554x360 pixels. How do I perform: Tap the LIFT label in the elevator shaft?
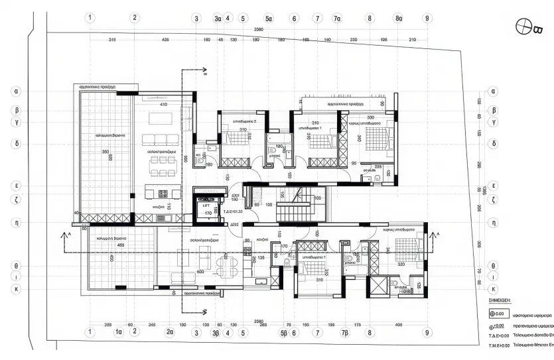[206, 206]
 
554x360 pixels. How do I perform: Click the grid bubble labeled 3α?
[217, 18]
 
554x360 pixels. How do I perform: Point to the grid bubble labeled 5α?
[269, 18]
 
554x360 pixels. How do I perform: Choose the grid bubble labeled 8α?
[399, 18]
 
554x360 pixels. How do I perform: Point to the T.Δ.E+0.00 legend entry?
[499, 336]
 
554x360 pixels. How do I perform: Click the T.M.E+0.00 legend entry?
[499, 345]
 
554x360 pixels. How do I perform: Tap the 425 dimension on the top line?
[165, 40]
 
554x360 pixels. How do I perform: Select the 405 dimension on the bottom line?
[397, 325]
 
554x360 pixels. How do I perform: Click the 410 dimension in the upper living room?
[163, 105]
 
